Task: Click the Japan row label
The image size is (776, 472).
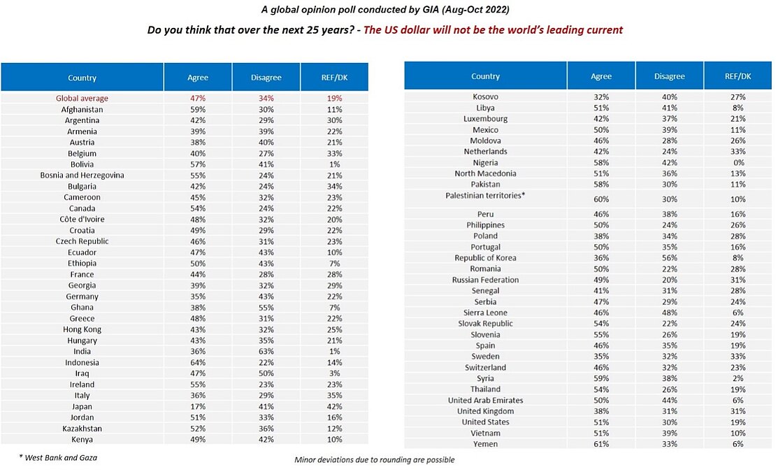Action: [82, 407]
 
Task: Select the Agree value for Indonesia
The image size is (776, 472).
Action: [198, 363]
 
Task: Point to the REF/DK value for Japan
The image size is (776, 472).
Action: [334, 407]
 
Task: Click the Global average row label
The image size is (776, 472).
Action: [82, 99]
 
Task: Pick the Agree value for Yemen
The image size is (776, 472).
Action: [601, 444]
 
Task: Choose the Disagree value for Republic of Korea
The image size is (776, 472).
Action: [669, 258]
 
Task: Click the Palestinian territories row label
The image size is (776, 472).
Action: [485, 196]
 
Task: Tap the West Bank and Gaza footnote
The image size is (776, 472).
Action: [58, 457]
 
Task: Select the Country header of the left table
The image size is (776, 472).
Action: [82, 78]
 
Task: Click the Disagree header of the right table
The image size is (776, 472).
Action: [669, 76]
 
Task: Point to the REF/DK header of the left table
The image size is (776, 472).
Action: [334, 78]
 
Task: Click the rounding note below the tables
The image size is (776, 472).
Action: [375, 460]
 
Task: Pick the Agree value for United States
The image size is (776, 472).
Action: [601, 422]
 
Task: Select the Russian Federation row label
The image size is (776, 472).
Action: [485, 280]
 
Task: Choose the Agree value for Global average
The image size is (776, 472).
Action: [198, 99]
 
